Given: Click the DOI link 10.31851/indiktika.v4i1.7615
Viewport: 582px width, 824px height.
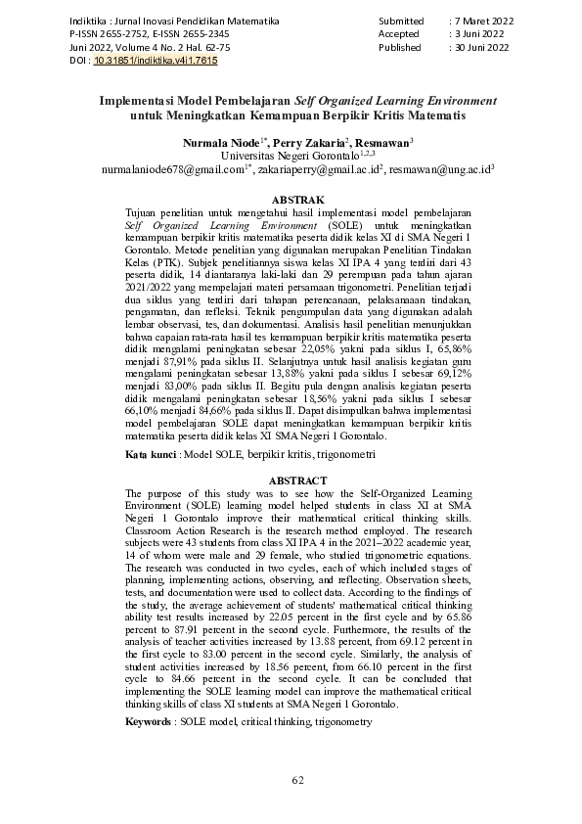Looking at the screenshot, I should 156,61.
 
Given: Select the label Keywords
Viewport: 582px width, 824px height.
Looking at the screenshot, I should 149,721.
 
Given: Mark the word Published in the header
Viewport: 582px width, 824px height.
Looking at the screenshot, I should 399,47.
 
